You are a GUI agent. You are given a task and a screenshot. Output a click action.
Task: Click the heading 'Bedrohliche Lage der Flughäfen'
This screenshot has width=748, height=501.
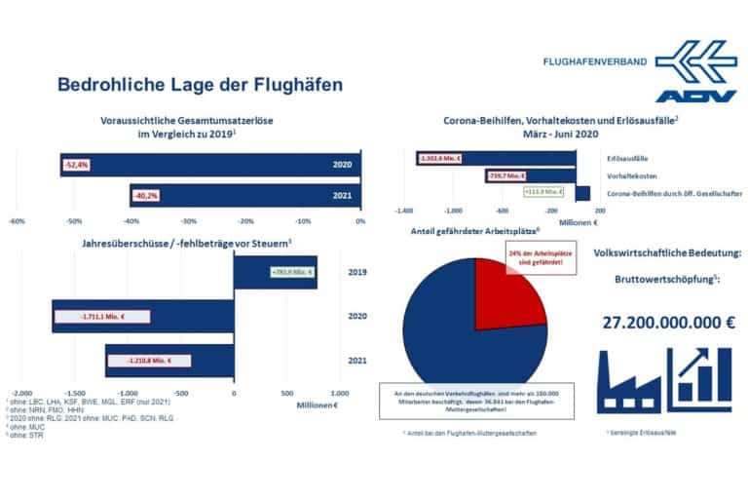coord(200,85)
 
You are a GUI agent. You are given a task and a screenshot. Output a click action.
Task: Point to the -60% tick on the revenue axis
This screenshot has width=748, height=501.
coord(17,221)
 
